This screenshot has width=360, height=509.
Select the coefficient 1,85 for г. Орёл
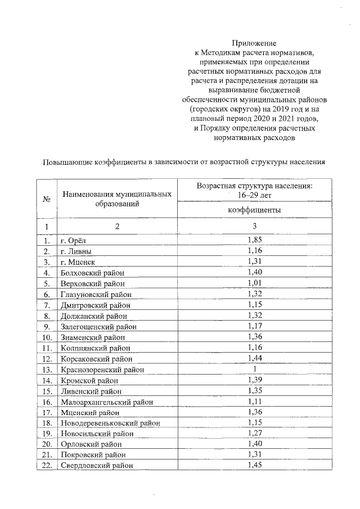pos(255,240)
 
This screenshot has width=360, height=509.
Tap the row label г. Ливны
pos(76,251)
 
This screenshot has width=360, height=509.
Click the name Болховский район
pos(94,273)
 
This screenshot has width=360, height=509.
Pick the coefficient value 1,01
pos(255,283)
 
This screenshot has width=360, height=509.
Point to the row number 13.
pos(47,370)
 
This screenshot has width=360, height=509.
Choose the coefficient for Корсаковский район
pos(255,358)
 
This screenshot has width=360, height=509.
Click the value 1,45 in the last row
pos(255,465)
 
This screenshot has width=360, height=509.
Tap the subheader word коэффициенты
pos(254,210)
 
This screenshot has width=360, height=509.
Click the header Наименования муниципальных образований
pos(117,199)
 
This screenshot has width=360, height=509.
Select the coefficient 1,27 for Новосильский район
pos(255,433)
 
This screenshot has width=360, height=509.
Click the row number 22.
pos(47,465)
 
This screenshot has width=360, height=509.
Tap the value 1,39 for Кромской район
pos(255,380)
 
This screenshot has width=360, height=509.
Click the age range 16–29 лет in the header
pos(254,194)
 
